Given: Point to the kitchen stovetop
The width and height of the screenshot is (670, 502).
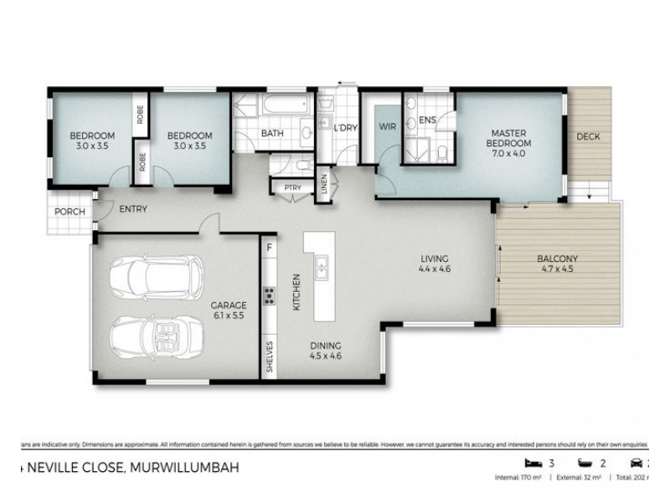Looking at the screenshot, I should click(x=271, y=295).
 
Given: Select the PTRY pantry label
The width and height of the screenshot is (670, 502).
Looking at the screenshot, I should click(x=292, y=188).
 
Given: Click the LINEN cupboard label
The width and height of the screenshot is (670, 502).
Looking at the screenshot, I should click(x=326, y=185).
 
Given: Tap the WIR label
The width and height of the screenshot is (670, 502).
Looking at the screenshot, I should click(x=387, y=127).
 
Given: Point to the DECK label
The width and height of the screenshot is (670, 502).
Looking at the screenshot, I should click(x=589, y=136).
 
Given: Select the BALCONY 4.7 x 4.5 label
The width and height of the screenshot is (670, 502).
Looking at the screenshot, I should click(x=557, y=264).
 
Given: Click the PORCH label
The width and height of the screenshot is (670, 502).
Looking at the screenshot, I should click(x=69, y=212).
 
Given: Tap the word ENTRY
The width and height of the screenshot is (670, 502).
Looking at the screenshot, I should click(x=134, y=209).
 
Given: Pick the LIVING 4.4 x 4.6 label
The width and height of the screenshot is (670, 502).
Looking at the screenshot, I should click(x=435, y=264).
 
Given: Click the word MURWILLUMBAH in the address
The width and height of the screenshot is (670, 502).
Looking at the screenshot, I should click(x=179, y=470).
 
